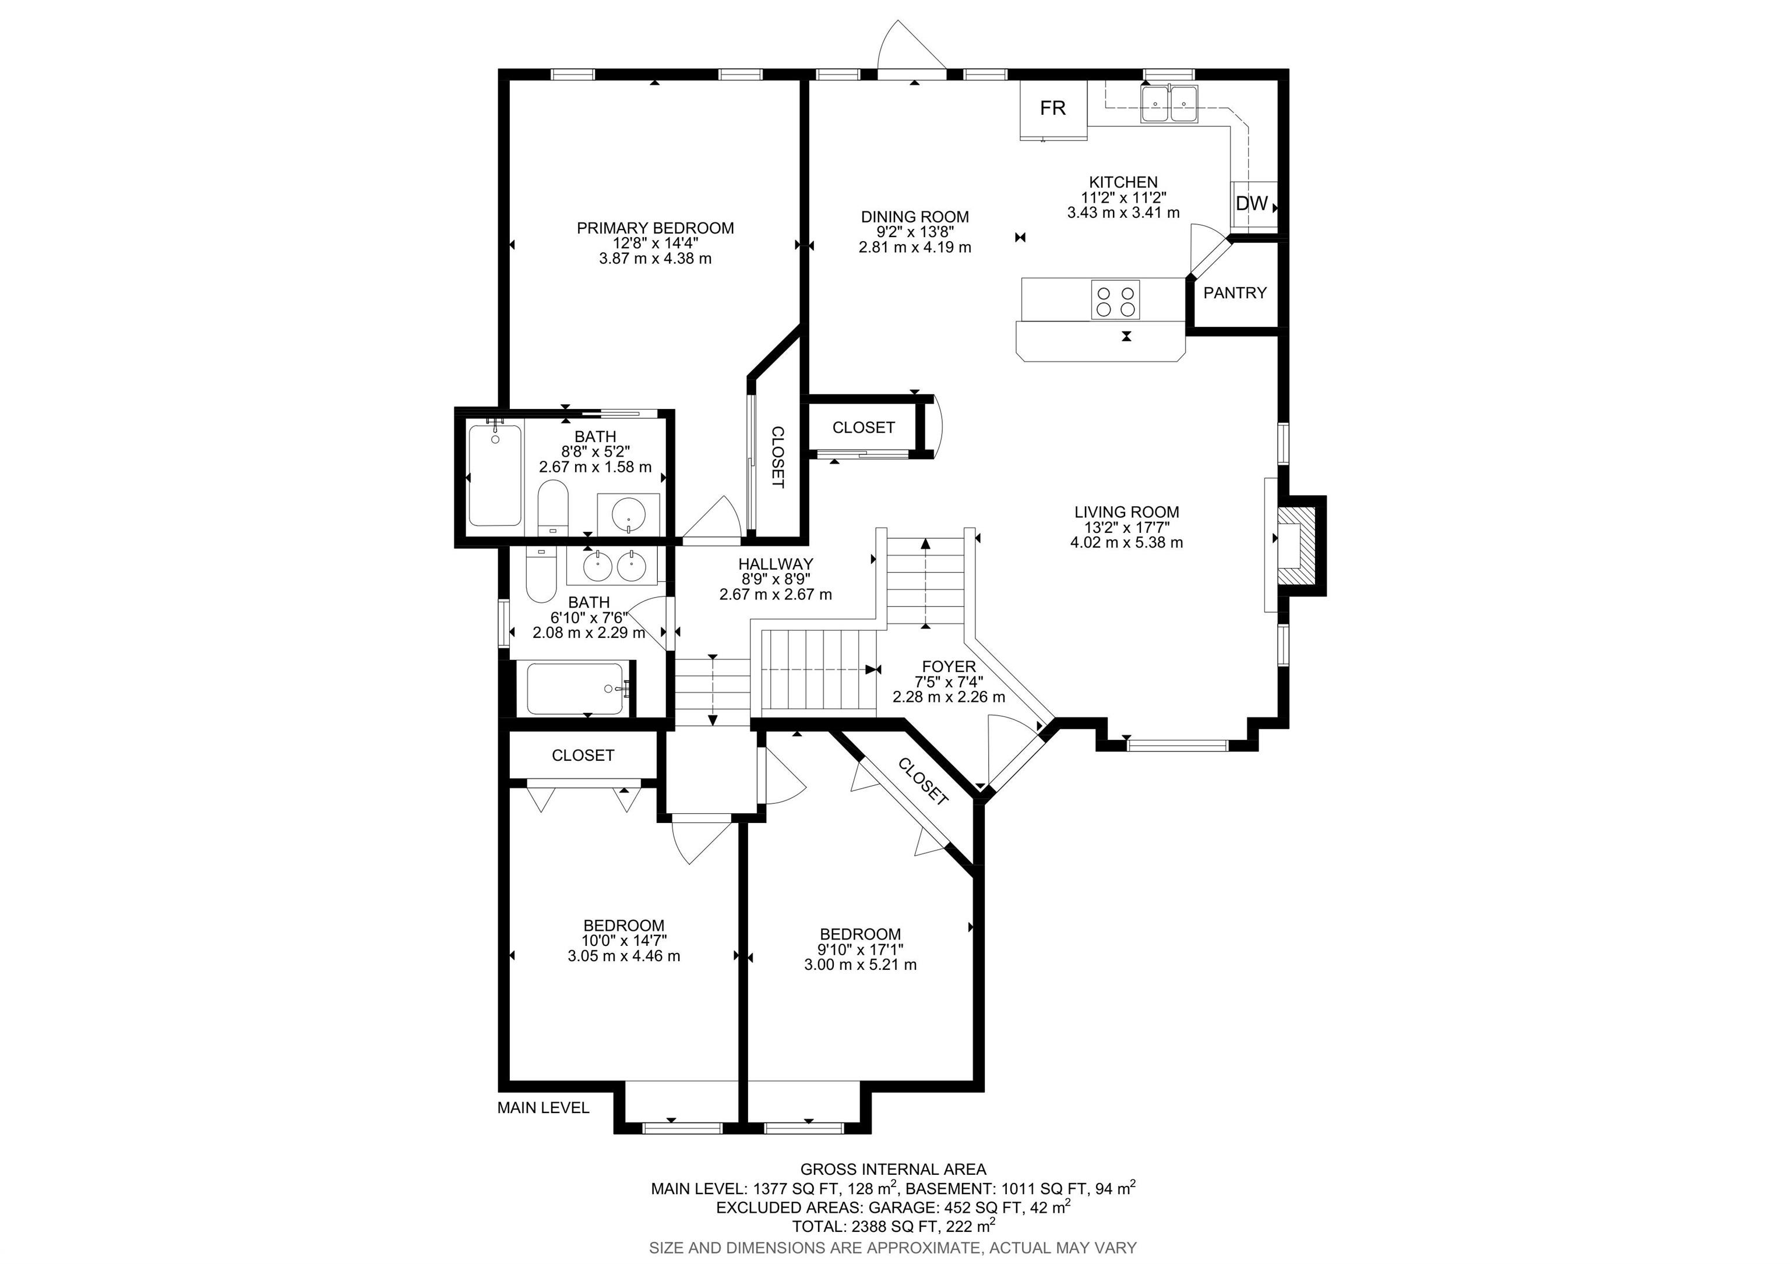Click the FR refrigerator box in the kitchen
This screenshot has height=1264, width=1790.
pos(1053,108)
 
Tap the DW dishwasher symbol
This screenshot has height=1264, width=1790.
pos(1252,204)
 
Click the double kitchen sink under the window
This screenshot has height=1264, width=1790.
pos(1169,104)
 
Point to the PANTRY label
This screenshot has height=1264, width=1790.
pos(1235,293)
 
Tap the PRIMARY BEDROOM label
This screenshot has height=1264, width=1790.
pos(655,228)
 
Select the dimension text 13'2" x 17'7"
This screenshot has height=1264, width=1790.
pos(1126,528)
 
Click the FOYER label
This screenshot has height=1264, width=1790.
pos(949,667)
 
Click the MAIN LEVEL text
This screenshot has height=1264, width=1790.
pos(544,1108)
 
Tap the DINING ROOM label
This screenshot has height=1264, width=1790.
pos(914,217)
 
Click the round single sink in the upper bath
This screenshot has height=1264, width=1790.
pos(628,514)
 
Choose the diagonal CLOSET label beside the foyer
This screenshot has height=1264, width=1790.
pos(923,782)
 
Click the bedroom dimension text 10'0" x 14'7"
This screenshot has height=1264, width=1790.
pos(623,941)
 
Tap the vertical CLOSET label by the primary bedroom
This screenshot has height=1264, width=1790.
pos(777,457)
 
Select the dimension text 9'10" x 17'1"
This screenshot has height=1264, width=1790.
pos(860,949)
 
